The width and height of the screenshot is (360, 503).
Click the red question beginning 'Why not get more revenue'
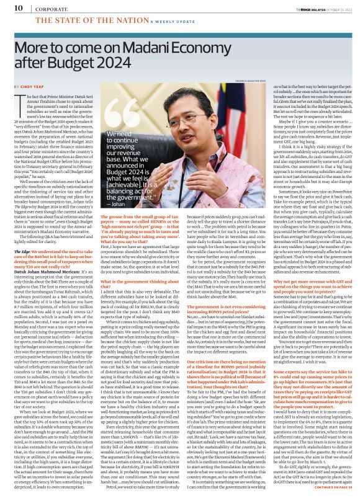click(x=302, y=282)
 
